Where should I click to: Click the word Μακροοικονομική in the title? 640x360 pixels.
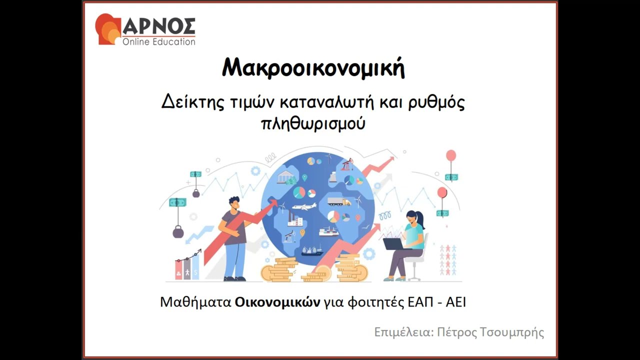pyautogui.click(x=313, y=68)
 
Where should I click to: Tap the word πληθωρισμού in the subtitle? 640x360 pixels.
pyautogui.click(x=313, y=123)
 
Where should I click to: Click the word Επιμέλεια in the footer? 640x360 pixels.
pyautogui.click(x=401, y=332)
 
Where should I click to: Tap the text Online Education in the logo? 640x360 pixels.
pyautogui.click(x=158, y=42)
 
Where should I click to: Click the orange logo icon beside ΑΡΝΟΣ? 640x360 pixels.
pyautogui.click(x=107, y=29)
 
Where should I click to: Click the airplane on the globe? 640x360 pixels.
pyautogui.click(x=304, y=206)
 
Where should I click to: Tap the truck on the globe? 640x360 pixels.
pyautogui.click(x=339, y=201)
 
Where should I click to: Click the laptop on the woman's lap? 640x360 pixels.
pyautogui.click(x=393, y=243)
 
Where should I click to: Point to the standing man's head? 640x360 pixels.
pyautogui.click(x=234, y=202)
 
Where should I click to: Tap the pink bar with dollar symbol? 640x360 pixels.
pyautogui.click(x=178, y=269)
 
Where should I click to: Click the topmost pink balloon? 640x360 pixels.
pyautogui.click(x=451, y=155)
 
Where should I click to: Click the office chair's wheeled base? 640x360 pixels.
pyautogui.click(x=413, y=276)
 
